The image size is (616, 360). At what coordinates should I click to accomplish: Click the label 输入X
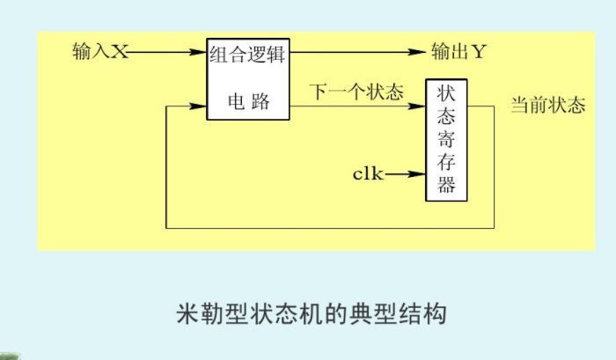tap(100, 52)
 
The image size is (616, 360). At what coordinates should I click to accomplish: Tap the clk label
tap(368, 173)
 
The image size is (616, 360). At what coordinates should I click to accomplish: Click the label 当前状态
tap(548, 107)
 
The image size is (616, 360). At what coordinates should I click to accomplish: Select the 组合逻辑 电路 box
tap(248, 79)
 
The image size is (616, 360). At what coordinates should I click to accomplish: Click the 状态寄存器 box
tap(446, 140)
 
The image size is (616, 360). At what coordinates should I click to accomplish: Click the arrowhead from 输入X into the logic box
tap(200, 52)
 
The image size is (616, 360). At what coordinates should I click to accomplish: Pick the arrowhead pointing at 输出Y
tap(420, 52)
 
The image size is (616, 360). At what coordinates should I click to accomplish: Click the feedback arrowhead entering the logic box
tap(200, 107)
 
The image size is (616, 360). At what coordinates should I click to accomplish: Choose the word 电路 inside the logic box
tap(248, 102)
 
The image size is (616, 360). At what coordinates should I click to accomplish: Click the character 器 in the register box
tap(446, 185)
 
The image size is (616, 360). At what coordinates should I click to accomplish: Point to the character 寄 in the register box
tap(446, 139)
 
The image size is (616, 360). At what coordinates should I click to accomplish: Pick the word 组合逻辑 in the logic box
tap(248, 54)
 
